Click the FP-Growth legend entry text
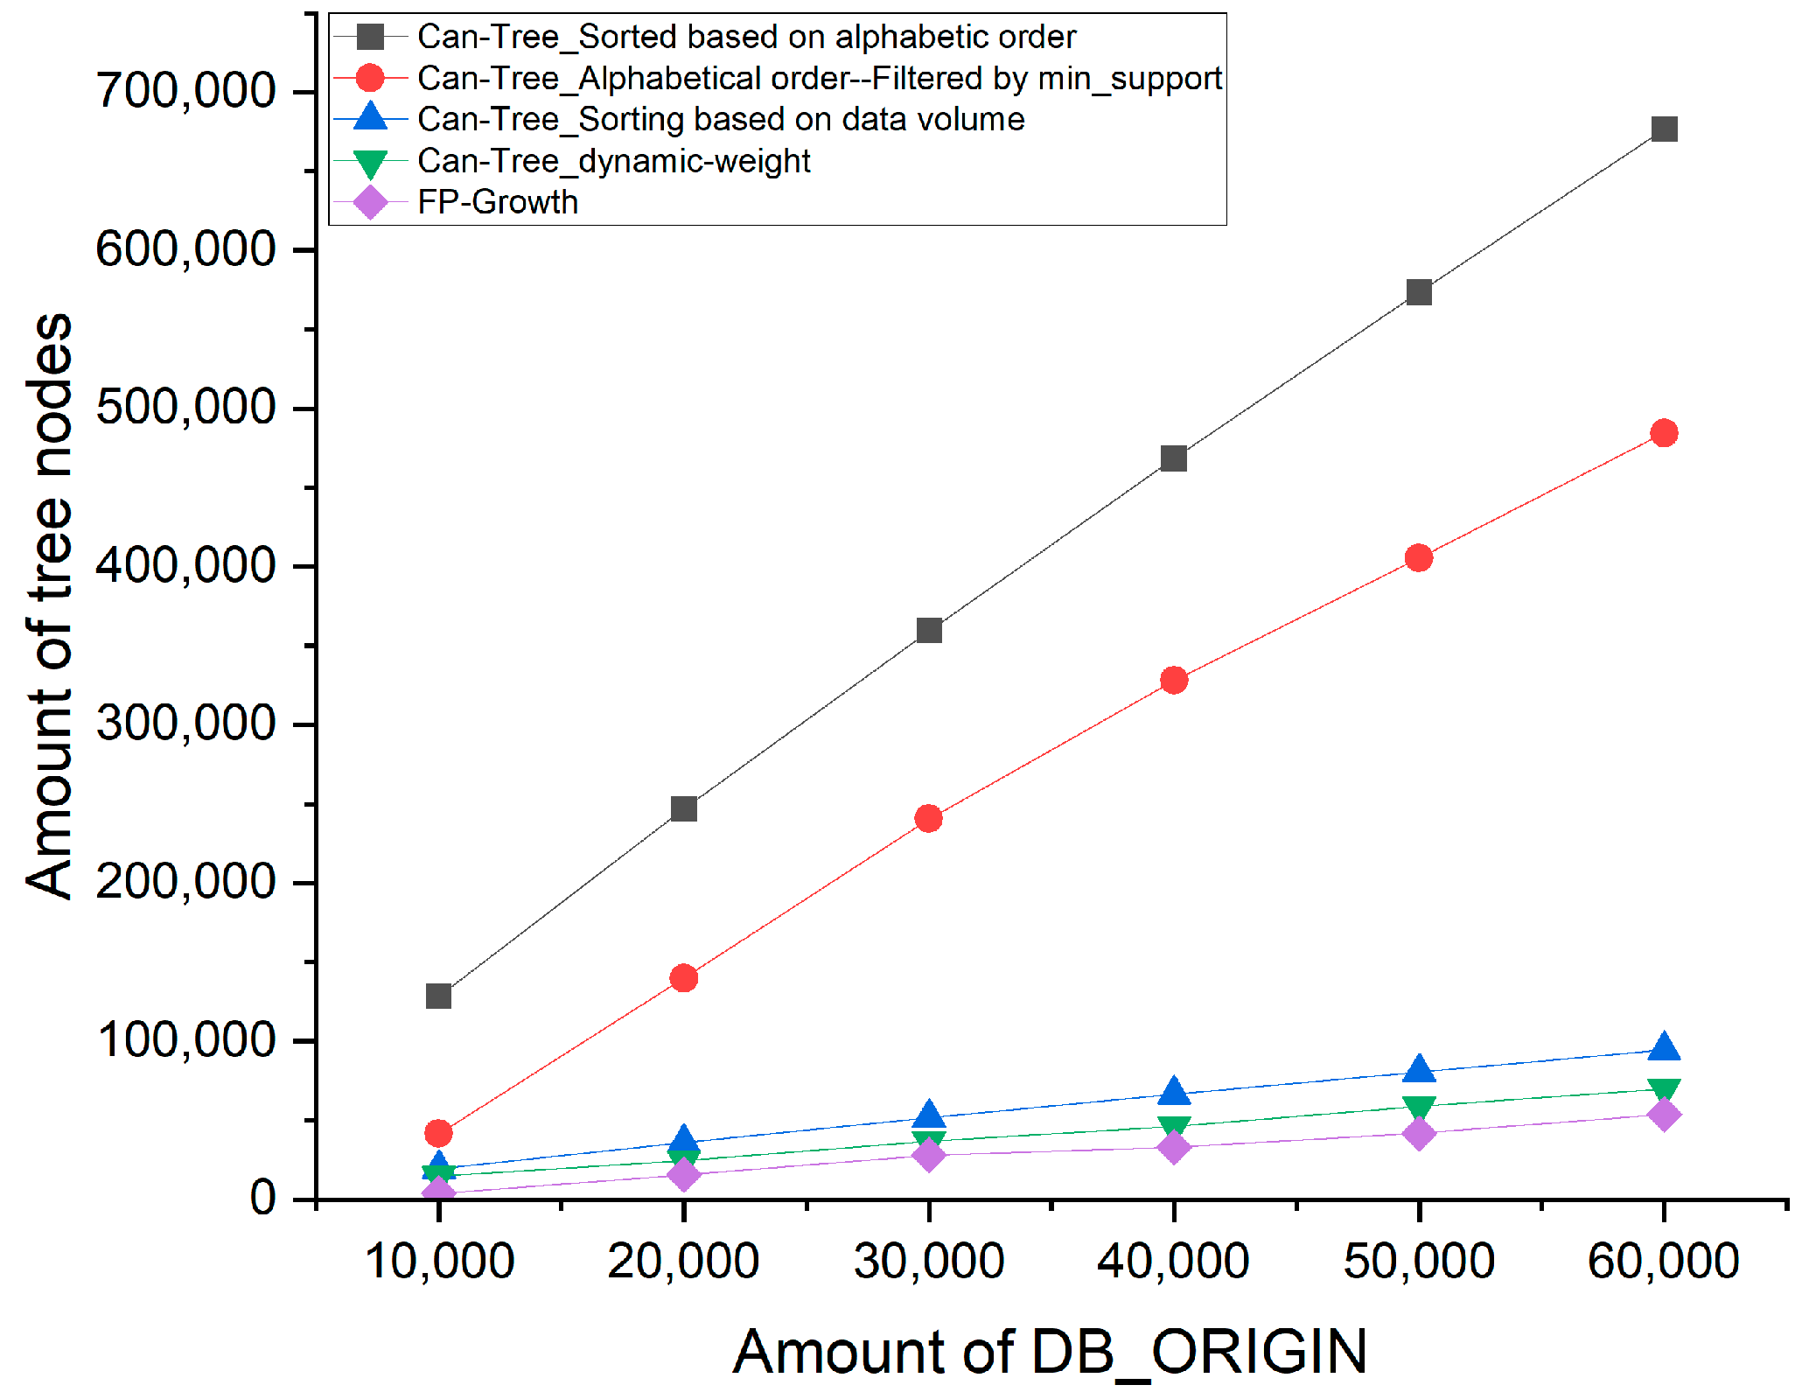497,203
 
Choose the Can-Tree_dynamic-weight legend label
613,161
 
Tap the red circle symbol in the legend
370,78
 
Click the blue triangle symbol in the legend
370,117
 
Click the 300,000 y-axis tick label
185,724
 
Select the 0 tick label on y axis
262,1198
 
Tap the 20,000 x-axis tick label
683,1261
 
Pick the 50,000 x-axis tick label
1418,1261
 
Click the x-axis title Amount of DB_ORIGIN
1049,1352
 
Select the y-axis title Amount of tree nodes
49,605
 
